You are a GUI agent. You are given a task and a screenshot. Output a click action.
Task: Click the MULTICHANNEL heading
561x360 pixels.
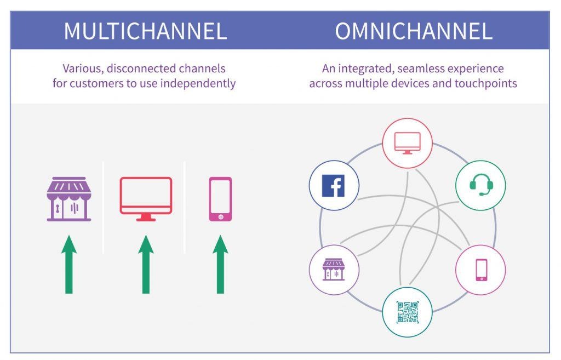pyautogui.click(x=145, y=31)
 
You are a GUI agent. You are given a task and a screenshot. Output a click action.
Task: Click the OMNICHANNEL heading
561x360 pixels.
pyautogui.click(x=414, y=31)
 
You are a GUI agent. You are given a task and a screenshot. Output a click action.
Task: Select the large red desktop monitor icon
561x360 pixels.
pyautogui.click(x=146, y=196)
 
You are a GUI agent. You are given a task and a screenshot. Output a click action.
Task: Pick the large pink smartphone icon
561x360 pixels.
pyautogui.click(x=220, y=199)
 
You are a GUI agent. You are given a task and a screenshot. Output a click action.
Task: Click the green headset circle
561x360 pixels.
pyautogui.click(x=480, y=185)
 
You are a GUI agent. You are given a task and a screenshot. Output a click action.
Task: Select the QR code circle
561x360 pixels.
pyautogui.click(x=408, y=312)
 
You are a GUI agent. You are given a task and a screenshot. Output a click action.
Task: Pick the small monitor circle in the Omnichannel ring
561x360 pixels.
pyautogui.click(x=407, y=142)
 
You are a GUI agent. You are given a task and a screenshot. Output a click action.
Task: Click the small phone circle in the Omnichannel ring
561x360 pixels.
pyautogui.click(x=480, y=270)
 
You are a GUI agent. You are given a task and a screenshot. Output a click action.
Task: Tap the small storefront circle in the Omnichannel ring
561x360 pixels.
pyautogui.click(x=334, y=270)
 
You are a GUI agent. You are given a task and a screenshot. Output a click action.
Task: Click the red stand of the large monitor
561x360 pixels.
pyautogui.click(x=146, y=217)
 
